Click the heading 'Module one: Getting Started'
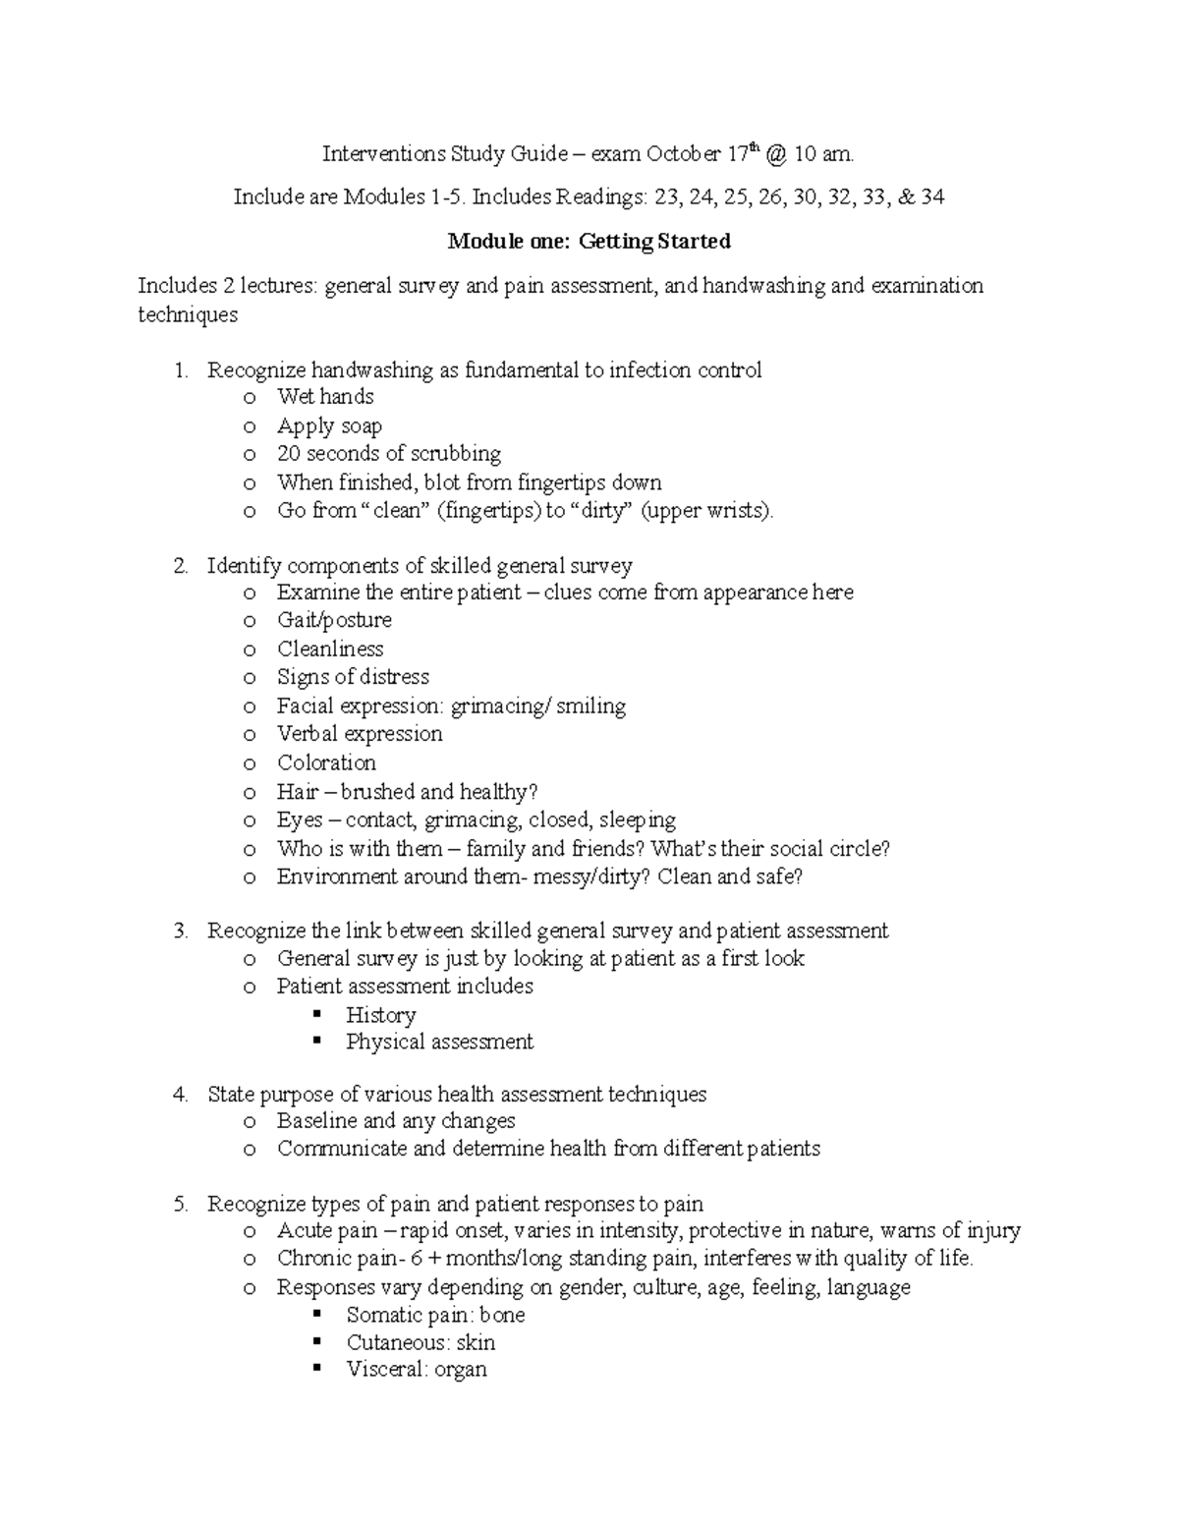pyautogui.click(x=589, y=242)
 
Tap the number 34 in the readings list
pyautogui.click(x=932, y=198)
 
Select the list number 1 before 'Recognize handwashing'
pyautogui.click(x=179, y=370)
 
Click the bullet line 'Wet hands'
pyautogui.click(x=325, y=397)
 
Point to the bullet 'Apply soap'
pyautogui.click(x=329, y=426)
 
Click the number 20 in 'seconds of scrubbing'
pyautogui.click(x=289, y=454)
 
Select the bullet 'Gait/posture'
pyautogui.click(x=334, y=620)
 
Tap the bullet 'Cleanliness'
pyautogui.click(x=330, y=650)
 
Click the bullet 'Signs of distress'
pyautogui.click(x=353, y=677)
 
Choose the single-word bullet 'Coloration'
pyautogui.click(x=326, y=763)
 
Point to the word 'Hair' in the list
pyautogui.click(x=297, y=792)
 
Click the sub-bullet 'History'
pyautogui.click(x=380, y=1015)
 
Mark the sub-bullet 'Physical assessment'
pyautogui.click(x=439, y=1042)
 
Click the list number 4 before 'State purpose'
pyautogui.click(x=179, y=1095)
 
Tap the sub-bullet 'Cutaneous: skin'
pyautogui.click(x=421, y=1343)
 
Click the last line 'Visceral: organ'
pyautogui.click(x=417, y=1370)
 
